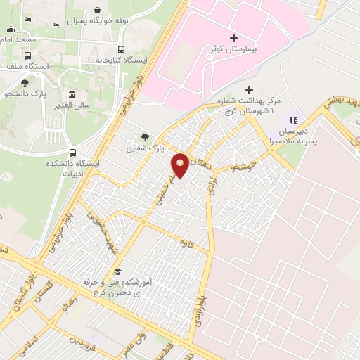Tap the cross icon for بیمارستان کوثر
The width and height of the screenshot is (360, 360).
233,37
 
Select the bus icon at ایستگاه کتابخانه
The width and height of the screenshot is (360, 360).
121,50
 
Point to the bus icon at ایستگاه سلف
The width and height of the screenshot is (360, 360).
28,56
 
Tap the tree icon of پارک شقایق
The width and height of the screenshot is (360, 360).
145,136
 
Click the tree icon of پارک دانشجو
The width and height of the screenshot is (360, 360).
25,83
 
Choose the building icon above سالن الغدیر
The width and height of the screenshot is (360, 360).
72,94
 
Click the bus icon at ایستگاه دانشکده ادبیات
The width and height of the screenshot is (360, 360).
73,153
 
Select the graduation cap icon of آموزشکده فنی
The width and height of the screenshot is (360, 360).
117,272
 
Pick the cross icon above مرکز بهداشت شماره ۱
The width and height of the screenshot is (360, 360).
248,90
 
